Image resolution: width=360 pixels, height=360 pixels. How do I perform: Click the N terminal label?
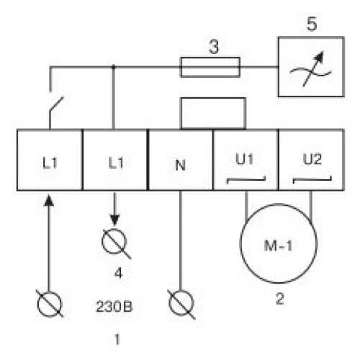(x=181, y=165)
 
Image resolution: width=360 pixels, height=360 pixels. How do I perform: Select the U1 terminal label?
(x=244, y=159)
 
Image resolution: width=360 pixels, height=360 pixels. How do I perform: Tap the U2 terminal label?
(x=312, y=159)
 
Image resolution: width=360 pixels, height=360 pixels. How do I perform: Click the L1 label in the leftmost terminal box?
(x=50, y=163)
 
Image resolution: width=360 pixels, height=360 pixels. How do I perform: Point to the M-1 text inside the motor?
(x=279, y=246)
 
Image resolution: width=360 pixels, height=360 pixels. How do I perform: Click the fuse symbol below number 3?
(x=210, y=67)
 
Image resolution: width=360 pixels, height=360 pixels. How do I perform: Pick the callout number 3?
(x=214, y=47)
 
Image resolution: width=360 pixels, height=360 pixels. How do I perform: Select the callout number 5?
(x=312, y=24)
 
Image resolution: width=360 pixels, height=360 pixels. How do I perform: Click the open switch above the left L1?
(x=56, y=104)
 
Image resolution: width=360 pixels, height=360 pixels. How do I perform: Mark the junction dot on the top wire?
(x=114, y=67)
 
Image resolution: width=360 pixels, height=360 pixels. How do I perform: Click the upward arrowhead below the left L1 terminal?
(x=49, y=200)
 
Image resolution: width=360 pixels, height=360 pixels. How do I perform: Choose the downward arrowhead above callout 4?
(x=114, y=220)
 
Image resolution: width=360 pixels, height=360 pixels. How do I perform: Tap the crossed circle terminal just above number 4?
(x=114, y=241)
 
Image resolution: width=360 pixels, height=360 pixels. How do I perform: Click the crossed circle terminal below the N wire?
(x=181, y=303)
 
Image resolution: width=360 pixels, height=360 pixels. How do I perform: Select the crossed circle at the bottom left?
(x=50, y=304)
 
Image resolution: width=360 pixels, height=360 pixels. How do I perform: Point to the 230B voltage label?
(x=114, y=307)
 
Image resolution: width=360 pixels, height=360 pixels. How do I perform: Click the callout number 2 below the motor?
(x=280, y=299)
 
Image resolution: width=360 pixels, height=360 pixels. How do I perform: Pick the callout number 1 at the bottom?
(x=117, y=339)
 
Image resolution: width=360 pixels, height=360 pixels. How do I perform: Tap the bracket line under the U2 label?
(x=312, y=179)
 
